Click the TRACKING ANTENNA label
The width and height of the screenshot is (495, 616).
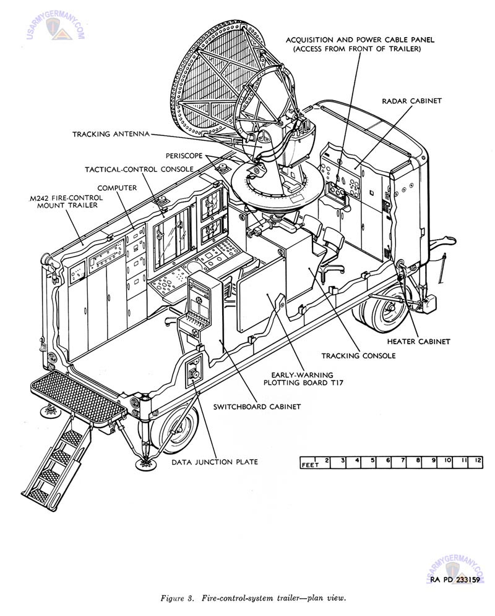110,133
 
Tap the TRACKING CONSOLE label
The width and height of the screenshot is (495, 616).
358,355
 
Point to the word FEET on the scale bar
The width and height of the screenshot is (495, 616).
309,465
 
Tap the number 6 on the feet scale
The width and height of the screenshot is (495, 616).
387,461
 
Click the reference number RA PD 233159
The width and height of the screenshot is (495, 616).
456,579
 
